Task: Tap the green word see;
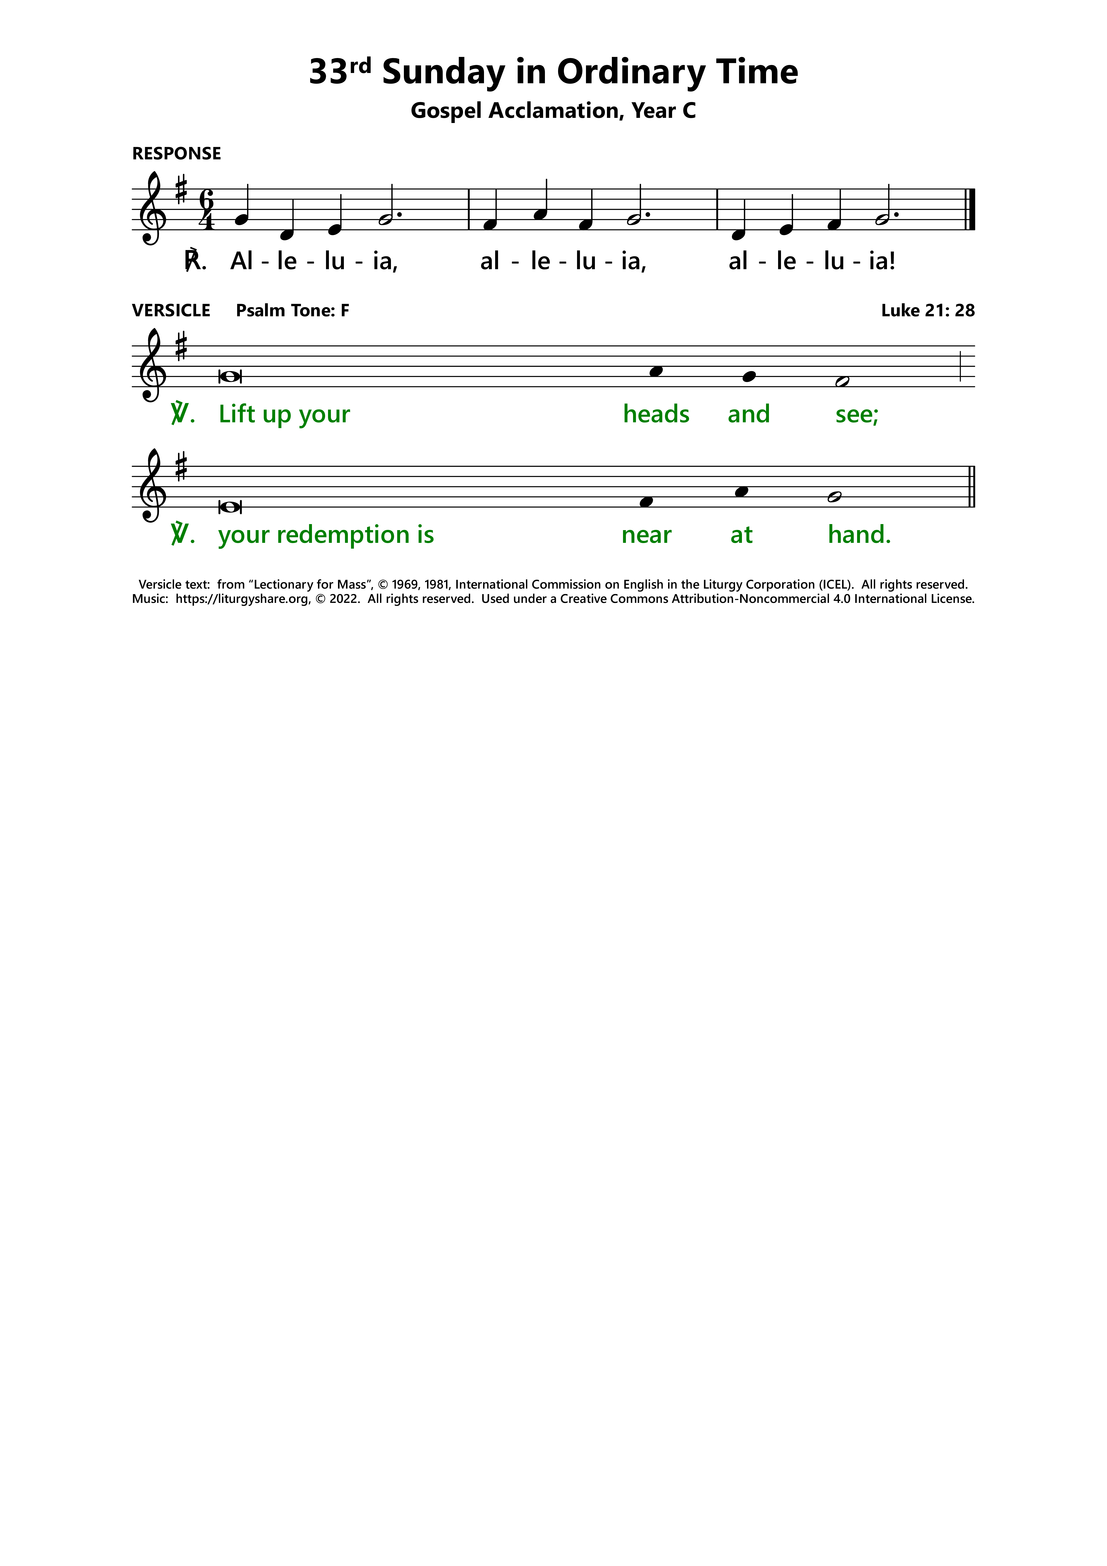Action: (857, 414)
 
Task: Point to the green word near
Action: (646, 535)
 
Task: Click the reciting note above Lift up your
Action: (230, 377)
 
